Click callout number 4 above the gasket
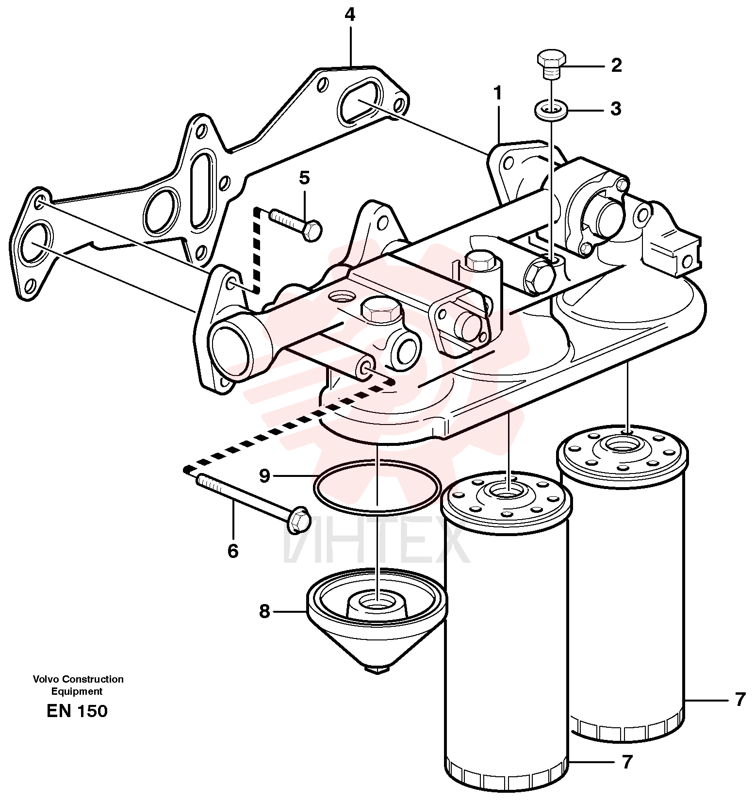tap(350, 16)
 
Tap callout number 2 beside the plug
tap(616, 65)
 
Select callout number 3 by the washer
tap(616, 109)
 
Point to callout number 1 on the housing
tap(497, 93)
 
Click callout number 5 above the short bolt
tap(304, 178)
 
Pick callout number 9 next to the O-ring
tap(264, 476)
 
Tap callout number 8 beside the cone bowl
tap(264, 611)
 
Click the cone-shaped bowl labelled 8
tap(377, 616)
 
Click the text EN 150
tap(77, 711)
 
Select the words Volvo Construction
tap(78, 679)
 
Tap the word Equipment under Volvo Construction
tap(77, 691)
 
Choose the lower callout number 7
tap(627, 762)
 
